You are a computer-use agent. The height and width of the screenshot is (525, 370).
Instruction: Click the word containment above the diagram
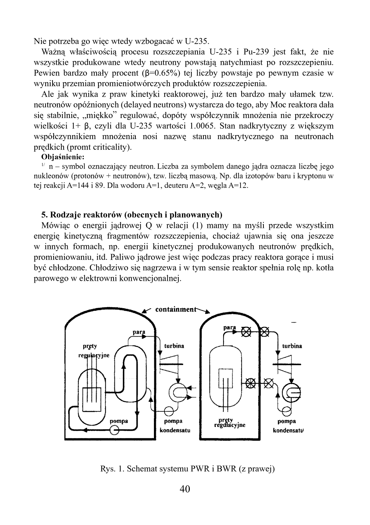[x=175, y=309]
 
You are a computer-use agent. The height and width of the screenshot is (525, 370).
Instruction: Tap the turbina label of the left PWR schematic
[x=174, y=346]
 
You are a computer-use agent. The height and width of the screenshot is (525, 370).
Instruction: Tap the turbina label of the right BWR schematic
[x=292, y=346]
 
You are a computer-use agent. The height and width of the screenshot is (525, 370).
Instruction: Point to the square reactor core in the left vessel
[x=91, y=400]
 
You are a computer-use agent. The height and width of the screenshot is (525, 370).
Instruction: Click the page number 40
[x=185, y=489]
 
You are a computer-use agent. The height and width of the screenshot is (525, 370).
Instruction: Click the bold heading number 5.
[x=44, y=215]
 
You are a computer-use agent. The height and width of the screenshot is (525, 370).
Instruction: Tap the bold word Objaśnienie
[x=63, y=157]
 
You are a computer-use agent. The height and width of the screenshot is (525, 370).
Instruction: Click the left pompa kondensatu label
[x=174, y=426]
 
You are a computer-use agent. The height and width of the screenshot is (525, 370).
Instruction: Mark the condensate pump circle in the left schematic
[x=169, y=410]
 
